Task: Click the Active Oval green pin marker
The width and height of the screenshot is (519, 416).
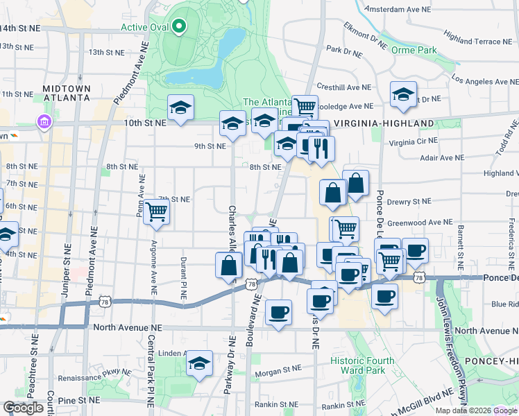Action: [x=180, y=27]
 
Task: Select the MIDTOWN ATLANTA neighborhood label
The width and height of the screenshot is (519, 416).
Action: [x=66, y=93]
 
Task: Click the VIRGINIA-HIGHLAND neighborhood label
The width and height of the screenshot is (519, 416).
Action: [x=383, y=123]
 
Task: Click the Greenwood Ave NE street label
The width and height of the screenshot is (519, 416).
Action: [x=419, y=223]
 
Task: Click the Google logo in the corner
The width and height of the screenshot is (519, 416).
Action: [x=24, y=408]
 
